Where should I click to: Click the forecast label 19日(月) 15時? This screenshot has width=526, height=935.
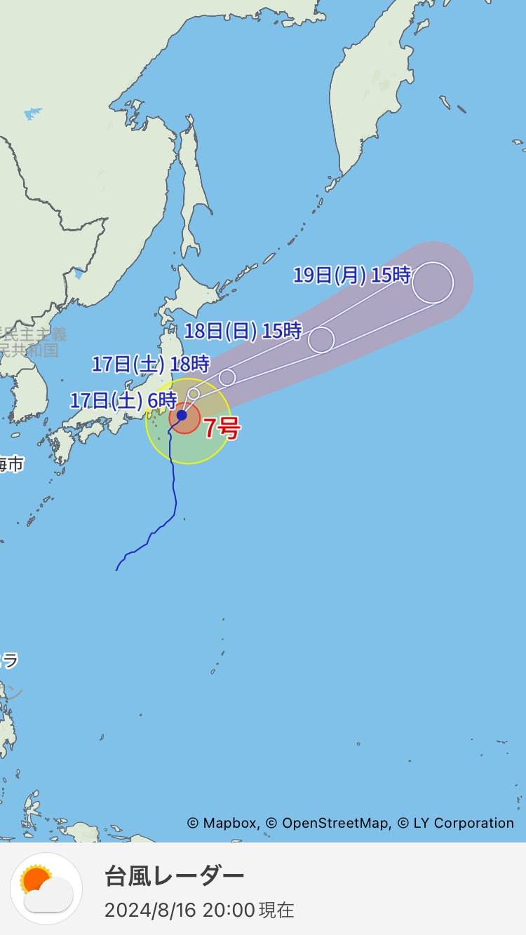tap(351, 275)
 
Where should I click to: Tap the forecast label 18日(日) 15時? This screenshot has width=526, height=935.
tap(243, 330)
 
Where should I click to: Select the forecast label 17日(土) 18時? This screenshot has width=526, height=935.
tap(151, 364)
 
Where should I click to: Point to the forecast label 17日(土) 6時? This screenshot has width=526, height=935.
tap(123, 401)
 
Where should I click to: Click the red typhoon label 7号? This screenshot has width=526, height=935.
tap(221, 428)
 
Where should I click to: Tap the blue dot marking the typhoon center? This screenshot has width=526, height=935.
tap(182, 416)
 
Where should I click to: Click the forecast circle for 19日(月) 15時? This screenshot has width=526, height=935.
tap(433, 282)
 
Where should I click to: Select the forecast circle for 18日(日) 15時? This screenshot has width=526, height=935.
tap(321, 339)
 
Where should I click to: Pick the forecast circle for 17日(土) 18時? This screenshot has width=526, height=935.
tap(227, 377)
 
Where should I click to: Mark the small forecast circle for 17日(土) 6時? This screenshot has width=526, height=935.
tap(194, 394)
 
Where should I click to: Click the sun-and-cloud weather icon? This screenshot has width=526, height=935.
tap(46, 889)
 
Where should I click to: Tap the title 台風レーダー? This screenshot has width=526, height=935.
tap(174, 876)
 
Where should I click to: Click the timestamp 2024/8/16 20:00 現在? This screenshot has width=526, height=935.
tap(199, 910)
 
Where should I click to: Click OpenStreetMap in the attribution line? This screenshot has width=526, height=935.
tap(336, 824)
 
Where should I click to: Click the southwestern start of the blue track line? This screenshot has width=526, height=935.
tap(116, 570)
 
